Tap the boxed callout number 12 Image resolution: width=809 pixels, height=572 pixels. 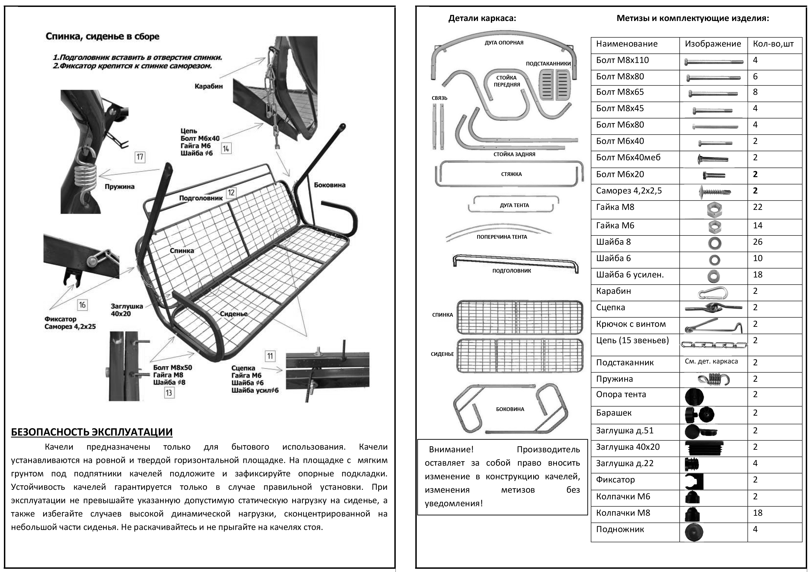point(231,192)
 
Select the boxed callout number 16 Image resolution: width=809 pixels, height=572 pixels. point(82,305)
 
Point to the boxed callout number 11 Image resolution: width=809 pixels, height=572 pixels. point(270,356)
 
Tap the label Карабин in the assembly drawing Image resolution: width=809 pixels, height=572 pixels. point(209,86)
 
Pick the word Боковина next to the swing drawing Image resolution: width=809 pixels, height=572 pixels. point(330,185)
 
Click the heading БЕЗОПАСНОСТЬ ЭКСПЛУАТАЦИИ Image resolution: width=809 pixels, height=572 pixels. point(92,432)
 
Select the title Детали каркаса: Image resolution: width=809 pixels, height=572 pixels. point(482,18)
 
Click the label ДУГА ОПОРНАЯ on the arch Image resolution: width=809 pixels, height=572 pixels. point(504,43)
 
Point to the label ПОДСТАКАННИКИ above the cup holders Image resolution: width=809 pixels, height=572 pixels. point(548,64)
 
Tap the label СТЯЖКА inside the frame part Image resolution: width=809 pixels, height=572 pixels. point(511,174)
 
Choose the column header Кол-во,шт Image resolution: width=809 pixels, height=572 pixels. point(773,44)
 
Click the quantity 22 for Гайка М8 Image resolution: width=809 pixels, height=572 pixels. point(758,207)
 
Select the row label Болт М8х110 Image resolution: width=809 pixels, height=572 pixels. point(622,60)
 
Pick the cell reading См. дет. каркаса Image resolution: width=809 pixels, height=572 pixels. point(711,361)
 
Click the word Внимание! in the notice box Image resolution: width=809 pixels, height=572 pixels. point(451,450)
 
